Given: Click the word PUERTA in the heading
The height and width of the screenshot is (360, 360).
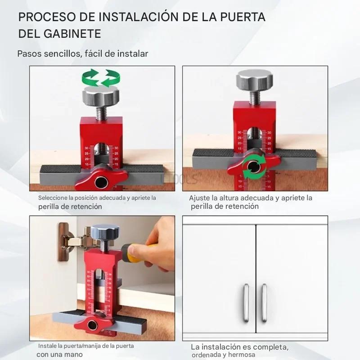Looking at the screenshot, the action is [243, 17].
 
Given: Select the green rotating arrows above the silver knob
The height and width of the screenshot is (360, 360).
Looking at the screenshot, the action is [101, 78].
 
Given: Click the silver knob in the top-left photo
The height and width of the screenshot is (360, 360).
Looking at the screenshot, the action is [100, 96].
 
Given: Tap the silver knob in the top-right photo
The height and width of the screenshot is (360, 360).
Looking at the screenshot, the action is [254, 80].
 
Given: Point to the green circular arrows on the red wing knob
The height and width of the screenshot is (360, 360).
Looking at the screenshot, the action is [254, 166].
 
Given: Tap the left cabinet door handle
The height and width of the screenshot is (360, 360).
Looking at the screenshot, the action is [246, 302].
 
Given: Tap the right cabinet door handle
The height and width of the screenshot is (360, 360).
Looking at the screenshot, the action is [264, 302].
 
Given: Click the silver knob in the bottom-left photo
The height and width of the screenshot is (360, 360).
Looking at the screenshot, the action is [105, 232].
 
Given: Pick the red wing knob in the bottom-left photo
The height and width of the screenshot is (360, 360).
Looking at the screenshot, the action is [93, 324].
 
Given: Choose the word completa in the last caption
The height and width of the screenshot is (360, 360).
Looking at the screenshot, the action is [271, 347].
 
